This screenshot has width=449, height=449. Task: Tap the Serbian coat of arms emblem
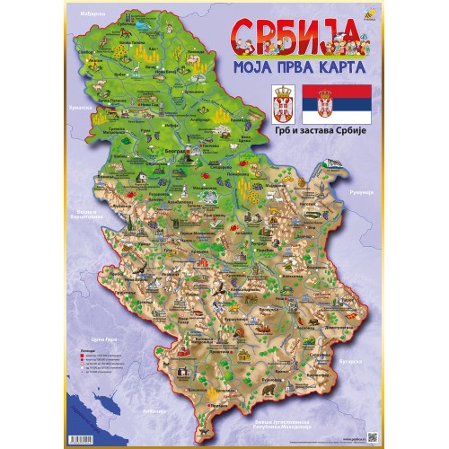[283, 106]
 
